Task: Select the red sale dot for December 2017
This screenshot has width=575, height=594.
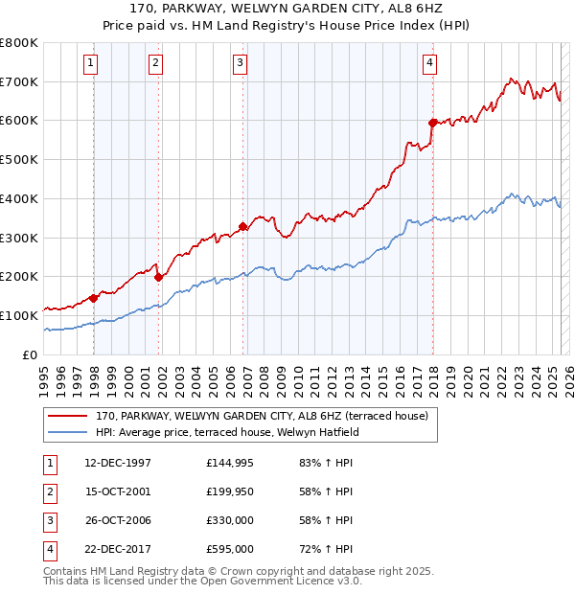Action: pos(433,123)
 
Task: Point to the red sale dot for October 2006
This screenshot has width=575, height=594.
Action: pos(243,227)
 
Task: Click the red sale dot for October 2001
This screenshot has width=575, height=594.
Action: pos(158,277)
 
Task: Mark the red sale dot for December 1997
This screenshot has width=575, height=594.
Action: pos(94,298)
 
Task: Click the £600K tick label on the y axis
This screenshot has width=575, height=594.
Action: pos(19,121)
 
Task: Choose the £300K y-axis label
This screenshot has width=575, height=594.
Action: pos(19,238)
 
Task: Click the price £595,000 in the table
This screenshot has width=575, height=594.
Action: pos(230,549)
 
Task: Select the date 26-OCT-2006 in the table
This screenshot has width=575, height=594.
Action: pos(118,520)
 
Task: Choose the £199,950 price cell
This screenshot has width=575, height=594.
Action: pos(230,491)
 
